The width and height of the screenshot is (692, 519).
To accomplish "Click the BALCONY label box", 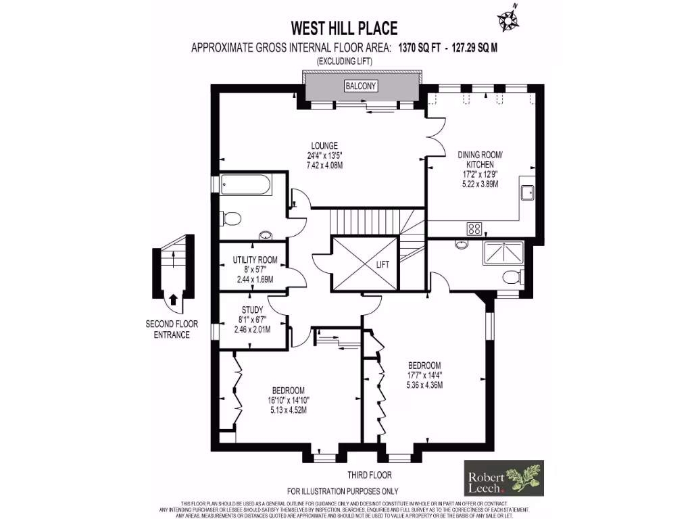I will [x=361, y=86].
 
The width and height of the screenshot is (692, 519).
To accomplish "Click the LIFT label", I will [x=383, y=266].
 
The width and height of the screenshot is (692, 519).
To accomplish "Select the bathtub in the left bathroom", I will [x=246, y=184].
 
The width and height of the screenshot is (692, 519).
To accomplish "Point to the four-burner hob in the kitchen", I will [x=474, y=228].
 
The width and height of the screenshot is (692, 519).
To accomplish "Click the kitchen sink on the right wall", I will [x=527, y=192].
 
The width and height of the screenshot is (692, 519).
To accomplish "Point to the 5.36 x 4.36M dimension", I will [x=424, y=385].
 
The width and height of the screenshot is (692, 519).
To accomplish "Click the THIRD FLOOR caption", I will [x=369, y=475].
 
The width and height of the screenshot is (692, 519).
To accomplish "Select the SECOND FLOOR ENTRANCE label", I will [x=172, y=329].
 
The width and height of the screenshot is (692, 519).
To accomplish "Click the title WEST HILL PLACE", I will [x=344, y=28].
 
